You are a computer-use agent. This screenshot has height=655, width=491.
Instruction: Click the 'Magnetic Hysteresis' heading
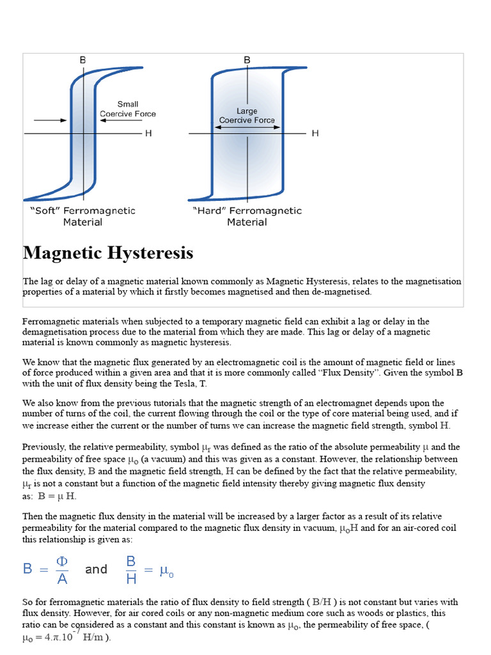point(108,253)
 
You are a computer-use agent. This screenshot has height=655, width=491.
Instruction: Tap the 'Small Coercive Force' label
point(128,109)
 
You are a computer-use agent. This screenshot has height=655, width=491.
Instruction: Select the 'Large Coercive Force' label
point(247,116)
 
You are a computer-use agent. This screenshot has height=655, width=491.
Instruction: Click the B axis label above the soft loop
point(82,60)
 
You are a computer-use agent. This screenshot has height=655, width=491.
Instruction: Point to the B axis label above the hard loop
point(247,60)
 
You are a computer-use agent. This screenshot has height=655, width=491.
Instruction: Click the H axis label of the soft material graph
point(148,133)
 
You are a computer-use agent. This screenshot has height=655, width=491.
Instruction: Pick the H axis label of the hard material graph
point(315,133)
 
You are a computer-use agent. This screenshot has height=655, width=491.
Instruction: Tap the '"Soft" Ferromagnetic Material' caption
point(82,216)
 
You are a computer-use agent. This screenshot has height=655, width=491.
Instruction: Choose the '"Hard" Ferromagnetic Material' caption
point(247,216)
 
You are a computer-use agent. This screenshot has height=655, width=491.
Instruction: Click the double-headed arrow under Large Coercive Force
point(247,127)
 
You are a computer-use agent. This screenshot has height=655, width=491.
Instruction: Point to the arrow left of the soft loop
point(48,120)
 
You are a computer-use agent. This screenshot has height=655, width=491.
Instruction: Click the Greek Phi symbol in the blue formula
point(61,561)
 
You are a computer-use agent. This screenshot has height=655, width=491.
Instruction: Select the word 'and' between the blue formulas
point(96,569)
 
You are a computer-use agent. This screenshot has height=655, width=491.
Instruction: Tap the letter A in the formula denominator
point(61,578)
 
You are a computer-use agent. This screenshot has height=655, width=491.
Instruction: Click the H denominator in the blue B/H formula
point(130,578)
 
